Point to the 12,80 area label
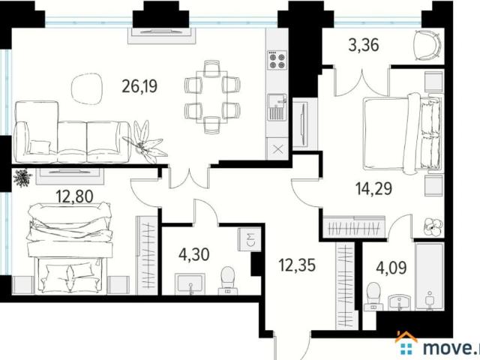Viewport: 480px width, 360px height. (72, 197)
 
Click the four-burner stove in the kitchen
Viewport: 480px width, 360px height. (277, 58)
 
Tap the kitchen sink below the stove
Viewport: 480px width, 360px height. (276, 106)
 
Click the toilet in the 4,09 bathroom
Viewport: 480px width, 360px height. (372, 295)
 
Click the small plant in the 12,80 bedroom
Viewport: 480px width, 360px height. (22, 178)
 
